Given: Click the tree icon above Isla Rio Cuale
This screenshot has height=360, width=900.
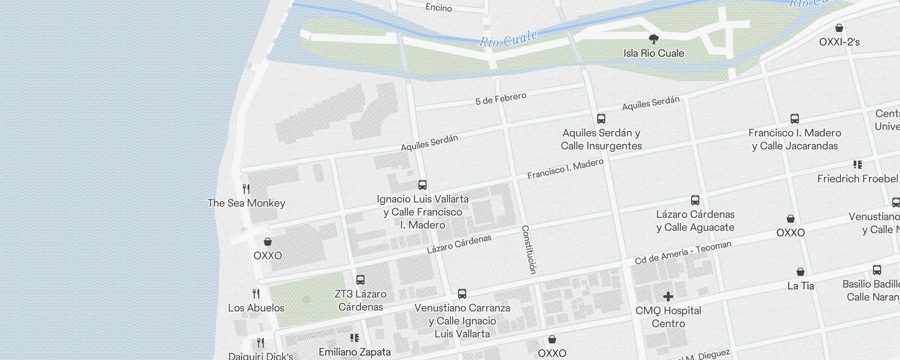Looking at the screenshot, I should (x=654, y=39).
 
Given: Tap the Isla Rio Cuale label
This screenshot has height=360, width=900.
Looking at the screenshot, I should (x=653, y=53).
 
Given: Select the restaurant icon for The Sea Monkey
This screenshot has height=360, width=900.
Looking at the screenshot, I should (x=246, y=189).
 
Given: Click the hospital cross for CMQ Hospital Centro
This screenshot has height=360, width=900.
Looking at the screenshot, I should (x=668, y=296).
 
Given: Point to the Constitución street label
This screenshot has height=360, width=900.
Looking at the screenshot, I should (x=529, y=250).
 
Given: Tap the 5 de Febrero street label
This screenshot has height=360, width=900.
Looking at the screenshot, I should (x=500, y=99).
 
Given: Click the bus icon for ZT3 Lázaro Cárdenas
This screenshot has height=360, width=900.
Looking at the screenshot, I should (x=360, y=279).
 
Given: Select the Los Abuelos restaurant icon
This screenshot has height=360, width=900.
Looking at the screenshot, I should (x=256, y=294).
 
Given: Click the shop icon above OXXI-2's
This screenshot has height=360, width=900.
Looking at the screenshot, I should (x=839, y=28).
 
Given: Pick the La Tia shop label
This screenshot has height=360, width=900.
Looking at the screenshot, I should (x=800, y=286).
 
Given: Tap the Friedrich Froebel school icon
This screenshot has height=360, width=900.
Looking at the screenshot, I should (x=857, y=165).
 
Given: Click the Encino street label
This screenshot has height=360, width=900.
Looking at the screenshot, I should (x=438, y=7).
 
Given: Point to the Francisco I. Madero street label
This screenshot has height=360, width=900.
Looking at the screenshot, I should (x=565, y=169).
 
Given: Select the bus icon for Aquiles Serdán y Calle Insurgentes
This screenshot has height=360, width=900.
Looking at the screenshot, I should (x=601, y=119).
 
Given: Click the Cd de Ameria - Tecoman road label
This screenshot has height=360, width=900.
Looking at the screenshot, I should (x=683, y=252).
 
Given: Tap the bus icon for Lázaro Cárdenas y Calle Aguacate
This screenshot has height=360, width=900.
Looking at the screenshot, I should (x=695, y=200).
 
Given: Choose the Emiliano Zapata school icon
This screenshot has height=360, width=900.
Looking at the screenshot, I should (x=355, y=337).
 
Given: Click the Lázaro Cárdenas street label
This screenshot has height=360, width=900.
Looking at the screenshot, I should (x=459, y=244).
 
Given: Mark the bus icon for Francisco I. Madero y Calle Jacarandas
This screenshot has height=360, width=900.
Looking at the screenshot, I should (x=794, y=119).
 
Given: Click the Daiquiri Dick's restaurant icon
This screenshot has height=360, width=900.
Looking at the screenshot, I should (x=261, y=343).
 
